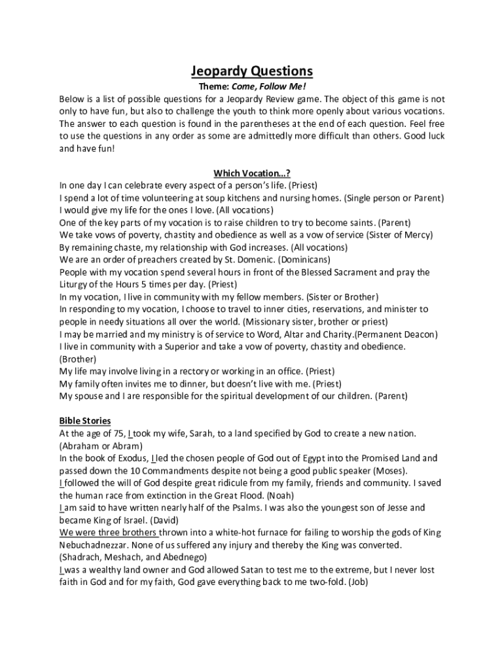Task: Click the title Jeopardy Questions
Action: coord(252,71)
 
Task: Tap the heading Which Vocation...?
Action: coord(252,173)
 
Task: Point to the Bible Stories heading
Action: coord(85,420)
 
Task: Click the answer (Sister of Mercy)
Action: coord(407,235)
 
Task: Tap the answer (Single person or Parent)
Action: coord(395,198)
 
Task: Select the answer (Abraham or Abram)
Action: coord(101,446)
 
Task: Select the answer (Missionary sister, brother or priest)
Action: coord(315,322)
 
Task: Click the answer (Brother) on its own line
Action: coord(78,359)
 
